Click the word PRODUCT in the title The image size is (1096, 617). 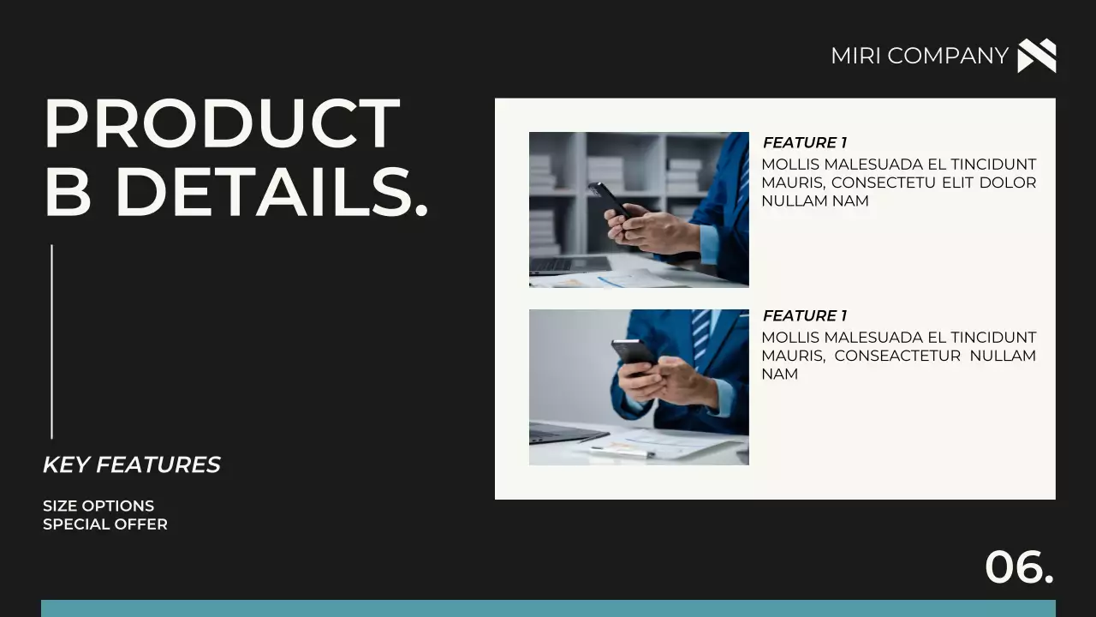click(222, 123)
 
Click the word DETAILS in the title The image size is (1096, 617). click(271, 192)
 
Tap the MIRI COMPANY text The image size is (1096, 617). click(919, 56)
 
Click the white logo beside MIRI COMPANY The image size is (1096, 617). click(1036, 56)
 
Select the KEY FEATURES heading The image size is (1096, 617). click(131, 464)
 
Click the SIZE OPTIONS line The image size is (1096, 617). click(98, 506)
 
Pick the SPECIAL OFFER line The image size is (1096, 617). click(105, 524)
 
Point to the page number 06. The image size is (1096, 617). click(1019, 566)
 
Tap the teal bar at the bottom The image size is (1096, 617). click(548, 608)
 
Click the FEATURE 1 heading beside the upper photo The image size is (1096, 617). click(804, 142)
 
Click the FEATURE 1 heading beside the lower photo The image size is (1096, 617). click(804, 315)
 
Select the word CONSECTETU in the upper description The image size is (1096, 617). click(882, 183)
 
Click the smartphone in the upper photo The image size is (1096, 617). click(609, 200)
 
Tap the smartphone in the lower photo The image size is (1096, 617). click(634, 354)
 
